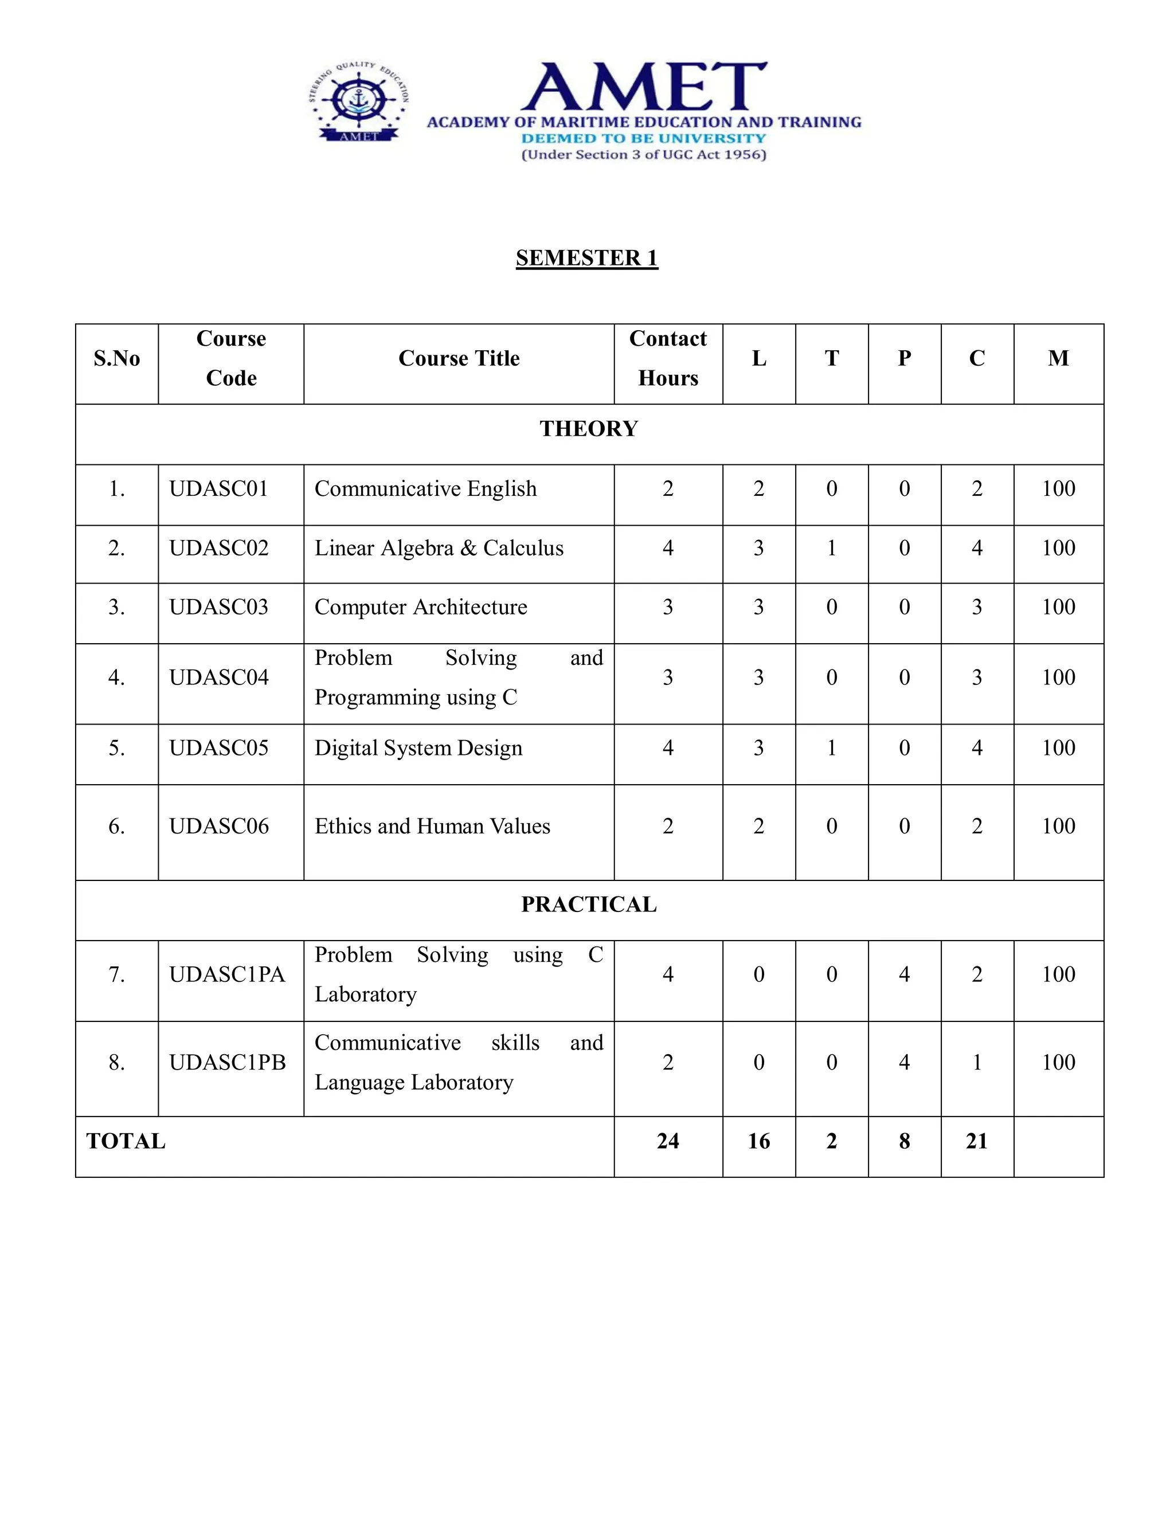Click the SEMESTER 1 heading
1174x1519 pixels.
click(586, 258)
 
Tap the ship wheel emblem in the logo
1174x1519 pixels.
click(359, 100)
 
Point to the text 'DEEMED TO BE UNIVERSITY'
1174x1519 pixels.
click(643, 138)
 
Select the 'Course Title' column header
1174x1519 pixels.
click(459, 358)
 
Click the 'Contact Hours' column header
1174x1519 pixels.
click(668, 358)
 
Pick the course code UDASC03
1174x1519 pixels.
click(218, 607)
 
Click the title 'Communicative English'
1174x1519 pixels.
click(426, 489)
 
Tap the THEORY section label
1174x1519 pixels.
click(588, 428)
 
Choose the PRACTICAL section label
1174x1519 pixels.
click(588, 904)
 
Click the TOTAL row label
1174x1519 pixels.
click(126, 1141)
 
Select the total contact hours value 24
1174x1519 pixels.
click(668, 1141)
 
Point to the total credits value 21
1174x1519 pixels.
click(976, 1141)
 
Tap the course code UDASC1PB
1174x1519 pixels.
click(228, 1063)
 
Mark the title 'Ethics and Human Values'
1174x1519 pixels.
click(432, 826)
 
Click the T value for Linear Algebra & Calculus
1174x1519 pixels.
click(831, 548)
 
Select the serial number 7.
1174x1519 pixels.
click(117, 974)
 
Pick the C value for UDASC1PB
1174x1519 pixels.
click(976, 1063)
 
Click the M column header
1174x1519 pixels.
click(1058, 358)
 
